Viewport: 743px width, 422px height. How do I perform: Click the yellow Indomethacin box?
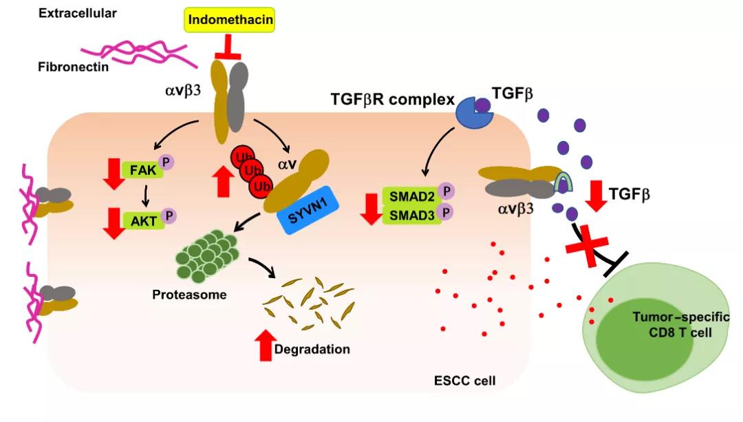click(230, 21)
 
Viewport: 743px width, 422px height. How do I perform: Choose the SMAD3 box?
click(409, 214)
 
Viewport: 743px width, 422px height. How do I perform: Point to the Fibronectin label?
click(73, 67)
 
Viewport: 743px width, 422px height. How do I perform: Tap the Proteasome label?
click(190, 295)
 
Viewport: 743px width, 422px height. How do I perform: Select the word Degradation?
click(312, 349)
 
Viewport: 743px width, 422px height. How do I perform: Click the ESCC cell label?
click(465, 380)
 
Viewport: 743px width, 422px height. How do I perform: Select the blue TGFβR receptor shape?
click(473, 111)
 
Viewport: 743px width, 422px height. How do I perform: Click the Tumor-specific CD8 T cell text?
click(671, 324)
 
